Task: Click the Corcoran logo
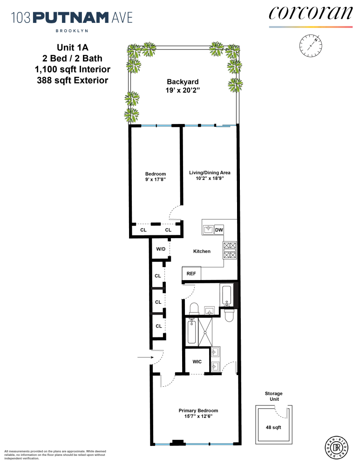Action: coord(310,13)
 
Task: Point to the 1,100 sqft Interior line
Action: coord(72,70)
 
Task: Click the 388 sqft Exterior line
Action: coord(72,80)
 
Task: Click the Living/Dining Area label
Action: coord(210,172)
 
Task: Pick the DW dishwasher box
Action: coord(219,230)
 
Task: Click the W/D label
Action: coord(161,249)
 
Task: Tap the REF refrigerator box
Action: coord(191,274)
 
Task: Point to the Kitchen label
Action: coord(202,251)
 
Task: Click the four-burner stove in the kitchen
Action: coord(230,250)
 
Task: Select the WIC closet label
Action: coord(197,362)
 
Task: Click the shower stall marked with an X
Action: coord(205,332)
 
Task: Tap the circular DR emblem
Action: coord(335,448)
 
